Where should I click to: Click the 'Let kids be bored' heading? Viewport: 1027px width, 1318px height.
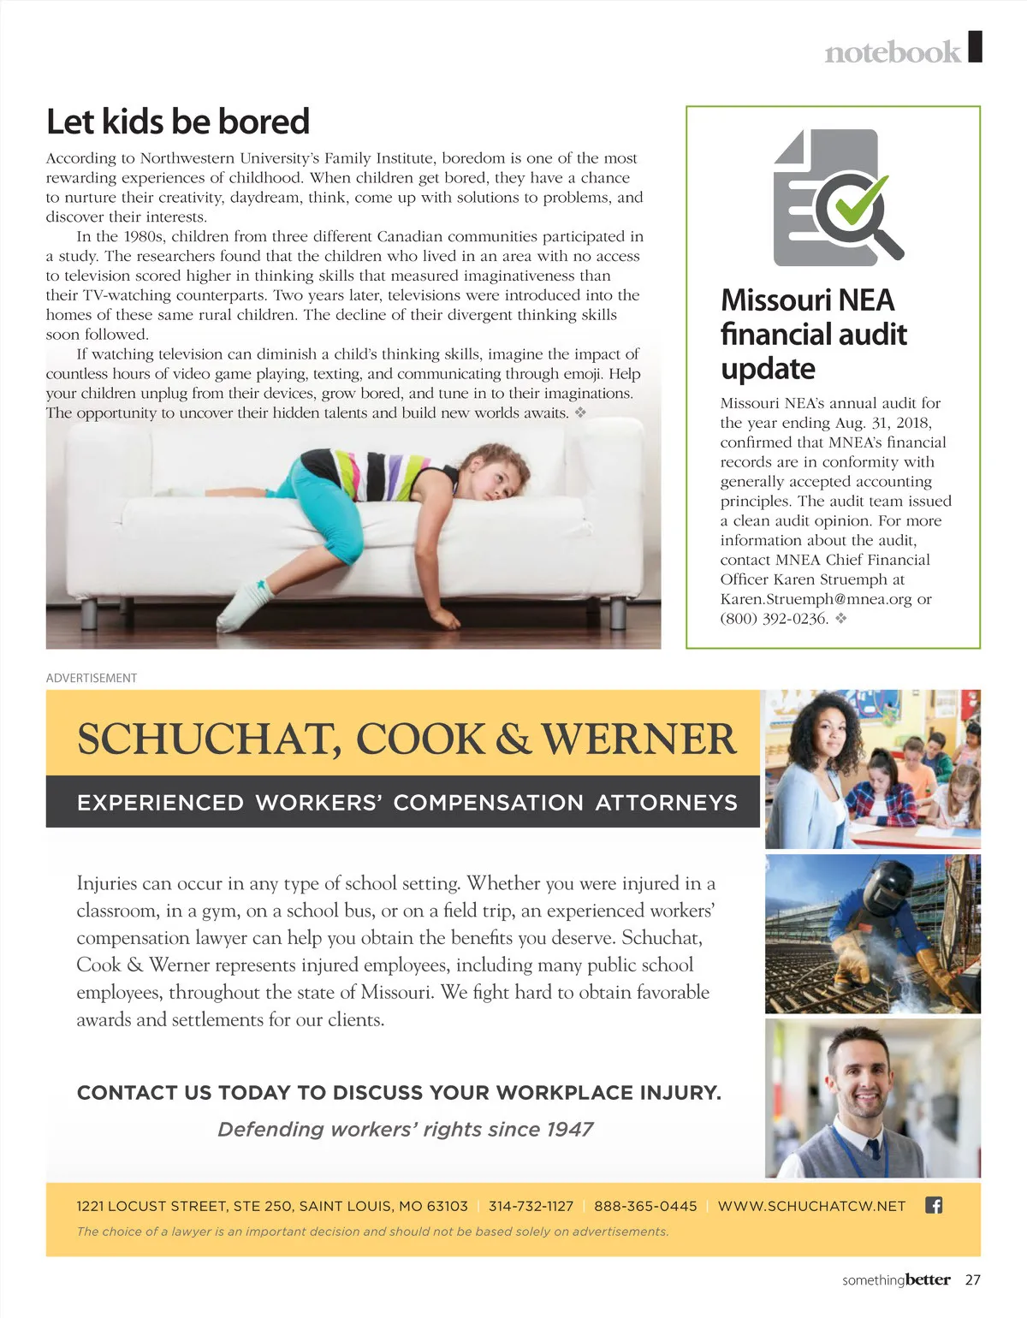177,122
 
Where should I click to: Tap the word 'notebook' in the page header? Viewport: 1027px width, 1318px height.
892,52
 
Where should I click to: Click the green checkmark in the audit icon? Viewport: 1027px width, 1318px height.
858,198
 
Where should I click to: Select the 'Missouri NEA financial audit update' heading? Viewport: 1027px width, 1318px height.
813,334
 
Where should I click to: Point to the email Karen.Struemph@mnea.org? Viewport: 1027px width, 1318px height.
816,599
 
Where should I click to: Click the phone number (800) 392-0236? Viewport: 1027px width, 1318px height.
774,619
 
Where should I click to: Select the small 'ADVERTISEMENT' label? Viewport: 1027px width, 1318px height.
92,678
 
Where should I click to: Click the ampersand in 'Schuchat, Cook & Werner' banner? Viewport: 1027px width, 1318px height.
513,739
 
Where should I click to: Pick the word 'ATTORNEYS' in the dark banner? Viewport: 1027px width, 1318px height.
666,803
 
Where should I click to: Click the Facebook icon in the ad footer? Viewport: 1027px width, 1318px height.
934,1205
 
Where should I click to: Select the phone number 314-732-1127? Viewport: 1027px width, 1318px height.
531,1206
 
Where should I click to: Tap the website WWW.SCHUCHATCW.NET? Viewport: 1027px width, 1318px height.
811,1206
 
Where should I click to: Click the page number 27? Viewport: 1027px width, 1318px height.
972,1280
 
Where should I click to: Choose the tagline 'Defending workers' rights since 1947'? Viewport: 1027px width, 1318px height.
405,1130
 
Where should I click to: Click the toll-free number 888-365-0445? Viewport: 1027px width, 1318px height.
645,1206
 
